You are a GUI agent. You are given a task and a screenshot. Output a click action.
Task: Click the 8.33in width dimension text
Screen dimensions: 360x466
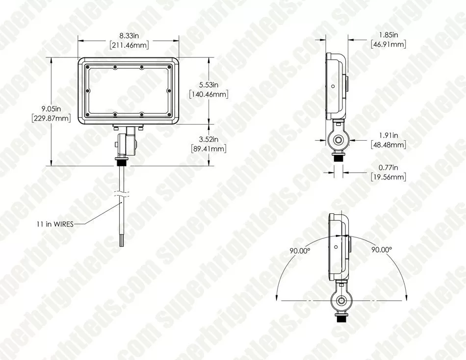click(129, 35)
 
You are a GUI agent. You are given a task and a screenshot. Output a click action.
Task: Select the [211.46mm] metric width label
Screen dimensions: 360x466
click(129, 45)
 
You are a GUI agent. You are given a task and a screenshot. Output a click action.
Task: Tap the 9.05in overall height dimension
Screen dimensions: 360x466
click(51, 109)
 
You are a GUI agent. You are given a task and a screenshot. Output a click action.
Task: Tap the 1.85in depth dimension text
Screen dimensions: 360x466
click(388, 35)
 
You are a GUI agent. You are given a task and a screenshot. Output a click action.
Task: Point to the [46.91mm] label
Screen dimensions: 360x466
click(388, 45)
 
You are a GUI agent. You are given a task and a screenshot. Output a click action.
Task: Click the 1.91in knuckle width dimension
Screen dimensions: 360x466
click(388, 135)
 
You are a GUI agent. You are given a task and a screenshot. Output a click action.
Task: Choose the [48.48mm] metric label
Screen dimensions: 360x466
click(388, 145)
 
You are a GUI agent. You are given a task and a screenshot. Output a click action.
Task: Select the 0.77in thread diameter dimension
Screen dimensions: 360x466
click(388, 167)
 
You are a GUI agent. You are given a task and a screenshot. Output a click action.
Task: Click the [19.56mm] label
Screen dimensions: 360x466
click(388, 177)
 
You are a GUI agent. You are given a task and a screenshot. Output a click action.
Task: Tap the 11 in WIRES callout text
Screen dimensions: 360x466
click(55, 224)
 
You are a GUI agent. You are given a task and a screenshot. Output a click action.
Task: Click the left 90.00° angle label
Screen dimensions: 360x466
click(300, 250)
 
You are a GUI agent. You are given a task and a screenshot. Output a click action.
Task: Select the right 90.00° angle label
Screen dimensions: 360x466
click(381, 250)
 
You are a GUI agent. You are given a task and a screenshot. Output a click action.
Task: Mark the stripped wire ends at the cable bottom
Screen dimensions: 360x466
click(120, 241)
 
